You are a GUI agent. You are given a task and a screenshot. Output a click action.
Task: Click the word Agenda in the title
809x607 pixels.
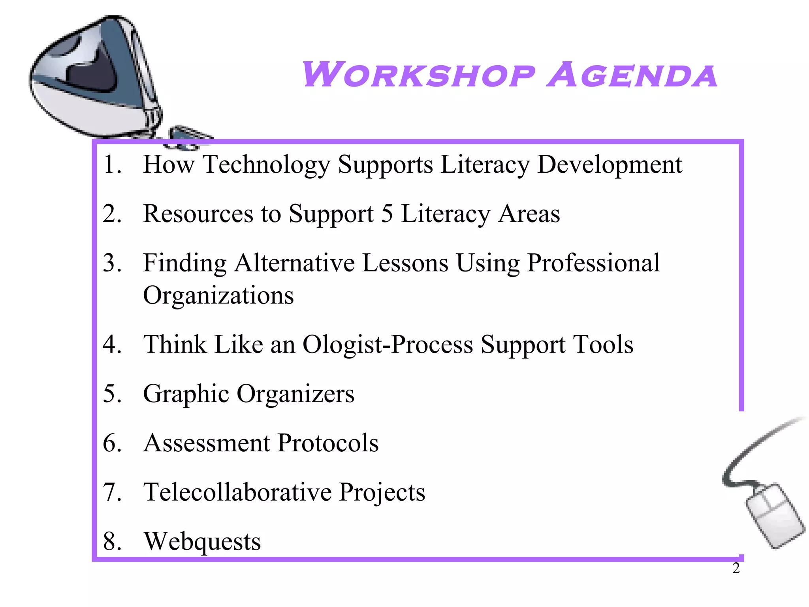pyautogui.click(x=632, y=75)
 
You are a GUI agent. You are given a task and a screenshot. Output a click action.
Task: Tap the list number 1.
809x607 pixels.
pyautogui.click(x=111, y=164)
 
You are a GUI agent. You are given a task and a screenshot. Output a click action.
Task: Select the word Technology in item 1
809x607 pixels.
pyautogui.click(x=266, y=164)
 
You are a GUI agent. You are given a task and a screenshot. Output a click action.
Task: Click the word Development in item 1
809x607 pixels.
pyautogui.click(x=610, y=164)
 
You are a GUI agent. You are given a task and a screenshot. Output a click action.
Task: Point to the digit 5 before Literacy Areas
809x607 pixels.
pyautogui.click(x=387, y=214)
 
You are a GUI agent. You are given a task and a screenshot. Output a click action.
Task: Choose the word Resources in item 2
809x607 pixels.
pyautogui.click(x=198, y=214)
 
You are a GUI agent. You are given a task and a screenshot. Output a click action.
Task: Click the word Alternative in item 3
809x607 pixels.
pyautogui.click(x=294, y=263)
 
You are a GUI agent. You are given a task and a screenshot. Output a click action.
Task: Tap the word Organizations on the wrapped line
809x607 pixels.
pyautogui.click(x=218, y=295)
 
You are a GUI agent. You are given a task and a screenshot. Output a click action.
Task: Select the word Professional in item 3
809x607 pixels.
pyautogui.click(x=593, y=263)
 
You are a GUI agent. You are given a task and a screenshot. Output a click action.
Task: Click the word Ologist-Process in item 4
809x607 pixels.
pyautogui.click(x=388, y=344)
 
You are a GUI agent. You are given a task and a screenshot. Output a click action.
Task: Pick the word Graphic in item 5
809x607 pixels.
pyautogui.click(x=186, y=394)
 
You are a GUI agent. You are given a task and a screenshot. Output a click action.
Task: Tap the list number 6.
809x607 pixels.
pyautogui.click(x=111, y=443)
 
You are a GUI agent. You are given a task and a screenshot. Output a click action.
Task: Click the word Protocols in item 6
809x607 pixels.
pyautogui.click(x=328, y=443)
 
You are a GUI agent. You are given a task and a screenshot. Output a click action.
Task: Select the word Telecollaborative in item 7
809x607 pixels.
pyautogui.click(x=237, y=492)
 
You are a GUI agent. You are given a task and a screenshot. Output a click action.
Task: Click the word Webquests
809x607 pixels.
pyautogui.click(x=202, y=541)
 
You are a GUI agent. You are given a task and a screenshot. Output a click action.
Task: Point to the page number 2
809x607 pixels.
pyautogui.click(x=736, y=568)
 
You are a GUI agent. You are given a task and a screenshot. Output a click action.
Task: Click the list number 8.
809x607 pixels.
pyautogui.click(x=111, y=541)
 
